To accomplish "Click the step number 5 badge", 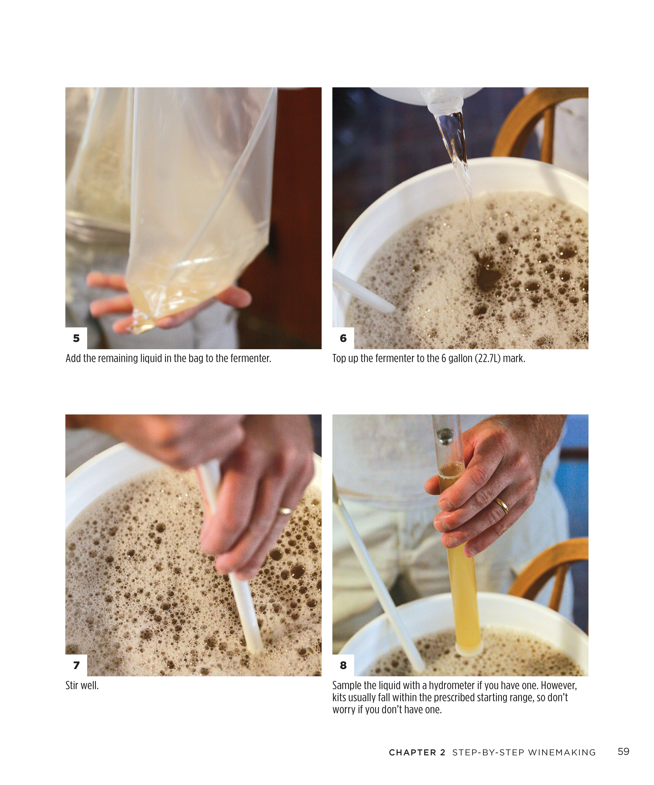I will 76,338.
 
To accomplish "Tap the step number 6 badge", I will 343,338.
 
